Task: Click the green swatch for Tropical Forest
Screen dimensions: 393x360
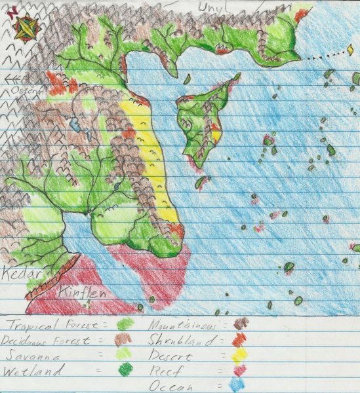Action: tap(124, 324)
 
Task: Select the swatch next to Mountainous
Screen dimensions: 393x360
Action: tap(241, 323)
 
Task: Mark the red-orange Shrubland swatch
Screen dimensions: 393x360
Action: tap(241, 339)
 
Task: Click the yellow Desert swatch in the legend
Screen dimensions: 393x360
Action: tap(239, 355)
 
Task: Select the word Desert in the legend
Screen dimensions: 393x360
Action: tap(172, 357)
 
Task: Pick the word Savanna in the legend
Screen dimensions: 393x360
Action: tap(39, 356)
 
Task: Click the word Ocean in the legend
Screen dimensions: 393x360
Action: tap(174, 386)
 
